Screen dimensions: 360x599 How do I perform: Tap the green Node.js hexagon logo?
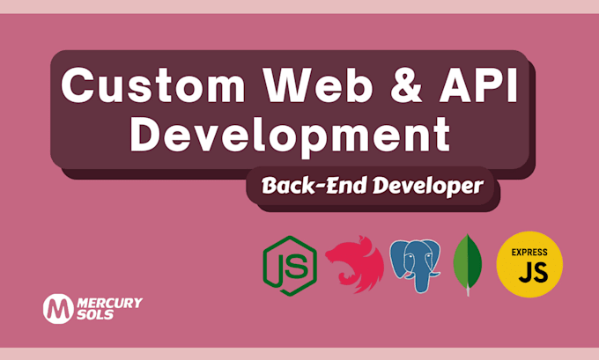(288, 265)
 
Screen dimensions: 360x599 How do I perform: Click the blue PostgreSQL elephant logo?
(417, 265)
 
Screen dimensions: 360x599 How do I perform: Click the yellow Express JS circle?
(529, 265)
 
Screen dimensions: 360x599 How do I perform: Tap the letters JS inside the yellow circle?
(529, 274)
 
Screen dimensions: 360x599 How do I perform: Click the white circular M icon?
(58, 308)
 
